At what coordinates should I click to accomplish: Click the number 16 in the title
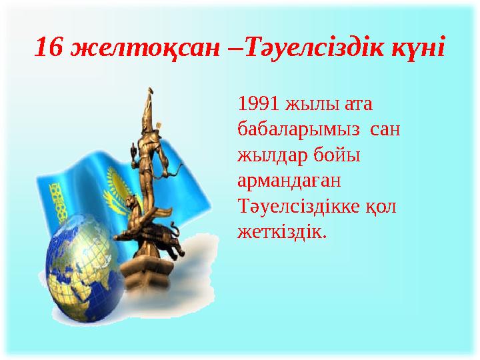49,47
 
